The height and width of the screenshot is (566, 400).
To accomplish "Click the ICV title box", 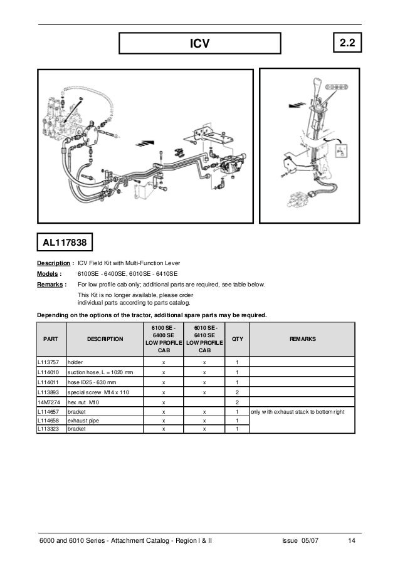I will (199, 43).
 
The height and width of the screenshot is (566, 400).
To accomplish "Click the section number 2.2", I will (347, 43).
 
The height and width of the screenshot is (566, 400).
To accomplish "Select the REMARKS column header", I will (303, 338).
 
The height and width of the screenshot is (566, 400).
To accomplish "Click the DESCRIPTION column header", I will (105, 338).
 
